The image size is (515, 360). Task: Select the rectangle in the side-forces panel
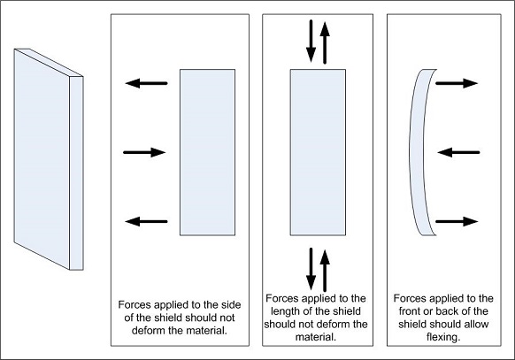[x=207, y=152]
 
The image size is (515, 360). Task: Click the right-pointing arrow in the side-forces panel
[x=144, y=152]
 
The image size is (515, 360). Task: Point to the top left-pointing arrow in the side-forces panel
[x=145, y=84]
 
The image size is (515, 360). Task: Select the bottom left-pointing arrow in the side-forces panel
[x=145, y=221]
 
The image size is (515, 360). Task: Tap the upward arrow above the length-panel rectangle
[x=325, y=39]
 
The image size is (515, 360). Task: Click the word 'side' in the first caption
[x=225, y=305]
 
